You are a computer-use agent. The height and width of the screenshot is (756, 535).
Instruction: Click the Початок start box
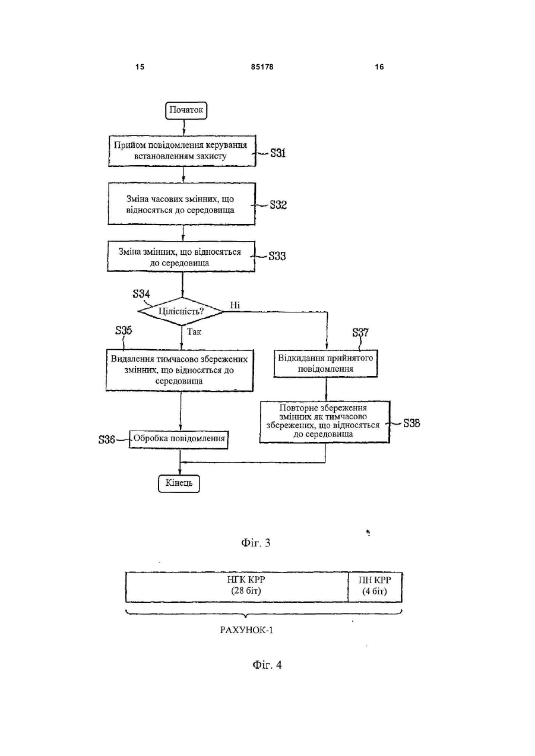point(186,110)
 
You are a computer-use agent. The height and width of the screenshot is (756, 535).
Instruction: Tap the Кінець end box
point(179,483)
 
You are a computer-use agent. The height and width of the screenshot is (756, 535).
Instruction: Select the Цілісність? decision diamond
point(181,311)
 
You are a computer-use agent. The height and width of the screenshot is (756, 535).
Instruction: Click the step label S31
point(278,153)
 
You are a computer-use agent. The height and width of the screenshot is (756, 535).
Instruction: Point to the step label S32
point(278,205)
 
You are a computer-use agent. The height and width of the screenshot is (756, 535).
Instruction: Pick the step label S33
point(277,256)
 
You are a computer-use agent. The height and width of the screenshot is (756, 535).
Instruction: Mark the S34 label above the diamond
point(141,293)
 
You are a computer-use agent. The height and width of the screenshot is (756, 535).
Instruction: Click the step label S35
point(124,330)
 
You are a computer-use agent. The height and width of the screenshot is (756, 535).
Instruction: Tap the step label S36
point(107,439)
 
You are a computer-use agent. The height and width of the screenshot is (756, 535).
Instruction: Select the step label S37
point(360,333)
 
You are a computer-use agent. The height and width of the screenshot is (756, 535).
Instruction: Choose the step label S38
point(412,423)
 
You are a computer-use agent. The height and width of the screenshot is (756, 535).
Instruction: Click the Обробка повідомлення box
point(179,439)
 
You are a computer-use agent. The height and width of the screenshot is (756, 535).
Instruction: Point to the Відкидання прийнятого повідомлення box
point(325,363)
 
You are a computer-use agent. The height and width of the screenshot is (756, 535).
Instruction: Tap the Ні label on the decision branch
point(235,305)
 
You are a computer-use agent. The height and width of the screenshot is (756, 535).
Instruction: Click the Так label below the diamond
point(194,332)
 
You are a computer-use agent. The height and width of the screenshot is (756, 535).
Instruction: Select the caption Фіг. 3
point(255,543)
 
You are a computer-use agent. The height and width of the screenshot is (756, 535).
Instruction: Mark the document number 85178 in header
point(262,67)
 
